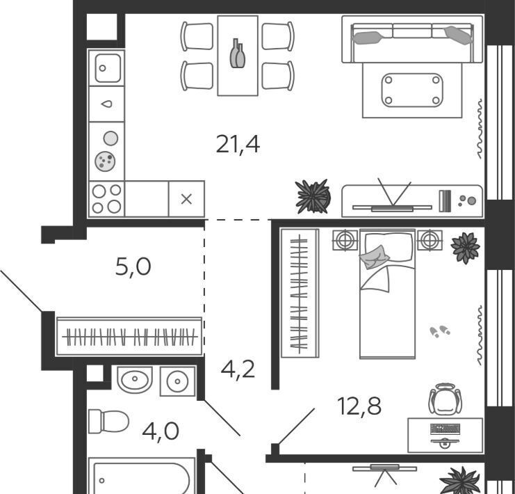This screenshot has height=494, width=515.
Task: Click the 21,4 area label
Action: click(x=238, y=145)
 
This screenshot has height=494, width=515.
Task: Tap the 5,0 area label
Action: click(x=133, y=266)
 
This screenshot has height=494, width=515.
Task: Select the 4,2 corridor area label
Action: click(x=238, y=369)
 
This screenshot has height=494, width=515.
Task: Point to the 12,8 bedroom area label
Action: click(x=359, y=406)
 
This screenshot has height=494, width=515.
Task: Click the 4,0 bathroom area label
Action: click(x=161, y=431)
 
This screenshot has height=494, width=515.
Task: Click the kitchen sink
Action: click(x=108, y=68)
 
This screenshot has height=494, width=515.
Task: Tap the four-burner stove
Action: click(x=107, y=199)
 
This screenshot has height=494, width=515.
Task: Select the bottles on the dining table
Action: click(x=238, y=54)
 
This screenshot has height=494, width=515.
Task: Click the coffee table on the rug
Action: click(x=412, y=90)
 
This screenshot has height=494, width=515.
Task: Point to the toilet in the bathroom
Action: click(x=108, y=421)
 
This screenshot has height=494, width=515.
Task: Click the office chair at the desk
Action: click(x=445, y=399)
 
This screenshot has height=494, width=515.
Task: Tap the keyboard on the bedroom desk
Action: click(x=445, y=429)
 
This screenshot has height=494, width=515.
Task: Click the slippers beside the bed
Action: click(x=440, y=331)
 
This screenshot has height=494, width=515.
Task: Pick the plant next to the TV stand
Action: click(x=312, y=196)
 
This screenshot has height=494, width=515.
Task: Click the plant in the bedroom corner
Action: click(x=466, y=248)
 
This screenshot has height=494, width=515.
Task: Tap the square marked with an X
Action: click(x=186, y=199)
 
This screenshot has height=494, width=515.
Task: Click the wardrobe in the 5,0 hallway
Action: click(x=129, y=337)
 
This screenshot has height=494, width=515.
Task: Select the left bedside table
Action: click(x=345, y=240)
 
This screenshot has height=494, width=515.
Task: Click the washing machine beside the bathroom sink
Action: click(x=177, y=381)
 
